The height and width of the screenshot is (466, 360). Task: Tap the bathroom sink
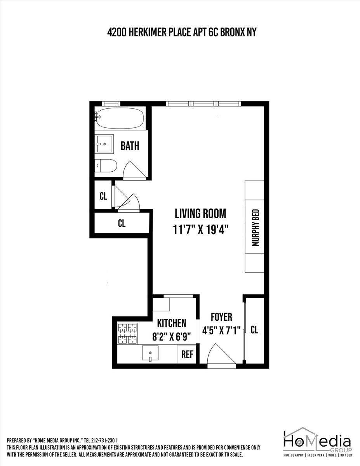click(104, 144)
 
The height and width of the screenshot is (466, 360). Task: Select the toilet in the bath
click(106, 166)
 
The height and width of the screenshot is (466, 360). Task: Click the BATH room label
click(130, 146)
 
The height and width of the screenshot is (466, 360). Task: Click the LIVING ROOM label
click(200, 214)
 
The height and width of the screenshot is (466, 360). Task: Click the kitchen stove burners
click(128, 334)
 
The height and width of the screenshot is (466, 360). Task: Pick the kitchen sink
click(150, 353)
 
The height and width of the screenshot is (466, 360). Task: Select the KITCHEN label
click(171, 323)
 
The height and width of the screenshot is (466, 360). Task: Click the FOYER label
click(221, 317)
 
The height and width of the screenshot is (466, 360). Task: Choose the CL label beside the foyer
click(254, 330)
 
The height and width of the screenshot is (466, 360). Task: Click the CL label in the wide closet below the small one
click(122, 223)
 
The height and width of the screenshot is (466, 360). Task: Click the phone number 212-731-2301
click(104, 440)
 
